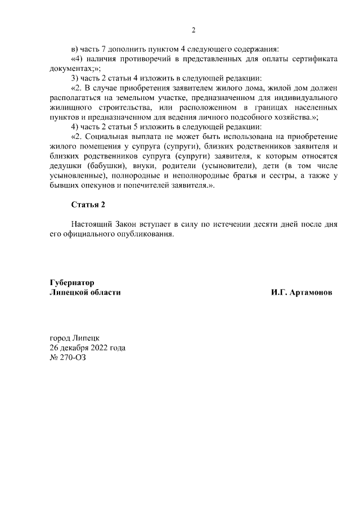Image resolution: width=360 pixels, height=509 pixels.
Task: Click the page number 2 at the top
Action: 193,30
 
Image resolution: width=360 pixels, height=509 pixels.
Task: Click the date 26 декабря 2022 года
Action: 88,348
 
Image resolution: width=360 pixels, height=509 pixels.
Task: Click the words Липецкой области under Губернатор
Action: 85,293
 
